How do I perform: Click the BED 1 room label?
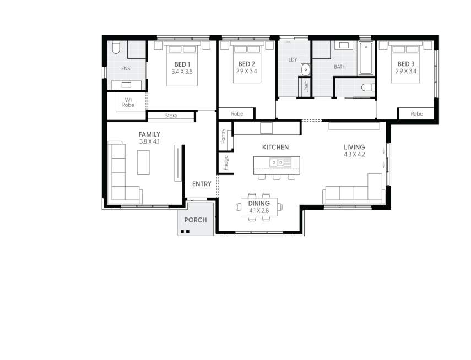coord(182,64)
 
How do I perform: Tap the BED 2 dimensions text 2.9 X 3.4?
coord(246,72)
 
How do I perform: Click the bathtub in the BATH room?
coord(366,58)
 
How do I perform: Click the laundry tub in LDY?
coord(306,69)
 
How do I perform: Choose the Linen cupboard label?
coord(306,87)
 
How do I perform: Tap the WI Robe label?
coord(128,102)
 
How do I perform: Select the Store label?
coord(171,116)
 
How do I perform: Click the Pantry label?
coord(223,136)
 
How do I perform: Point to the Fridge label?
coord(225,162)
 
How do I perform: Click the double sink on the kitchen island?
coord(280,162)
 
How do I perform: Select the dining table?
coord(259,207)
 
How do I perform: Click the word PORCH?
coord(196,220)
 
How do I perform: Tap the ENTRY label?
coord(201,184)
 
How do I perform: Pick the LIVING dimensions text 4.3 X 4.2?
coord(354,155)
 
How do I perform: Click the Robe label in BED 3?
coord(417,114)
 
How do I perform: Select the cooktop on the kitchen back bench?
coord(267,128)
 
